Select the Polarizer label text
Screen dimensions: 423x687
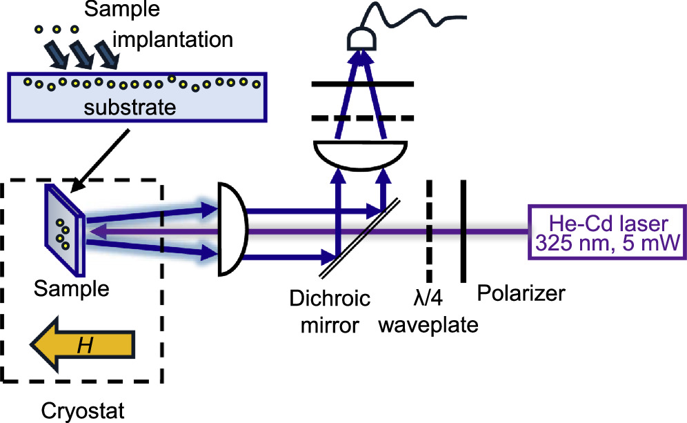pyautogui.click(x=521, y=294)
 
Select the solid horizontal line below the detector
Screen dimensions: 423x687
pyautogui.click(x=362, y=84)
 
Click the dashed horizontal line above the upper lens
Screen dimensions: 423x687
pyautogui.click(x=362, y=117)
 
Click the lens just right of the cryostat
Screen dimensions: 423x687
pyautogui.click(x=232, y=229)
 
